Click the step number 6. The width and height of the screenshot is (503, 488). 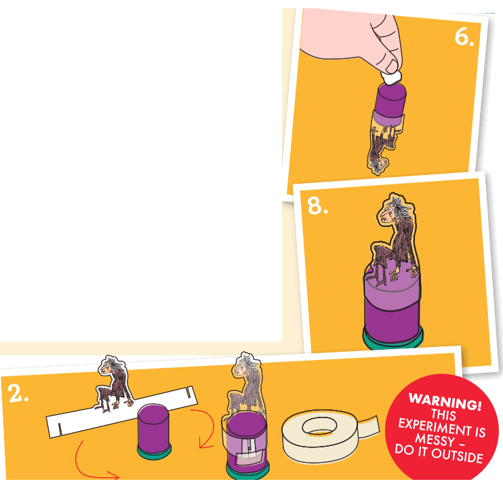tap(464, 37)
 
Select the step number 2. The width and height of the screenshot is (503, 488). tap(19, 394)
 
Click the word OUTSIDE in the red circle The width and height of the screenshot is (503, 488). tap(458, 455)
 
